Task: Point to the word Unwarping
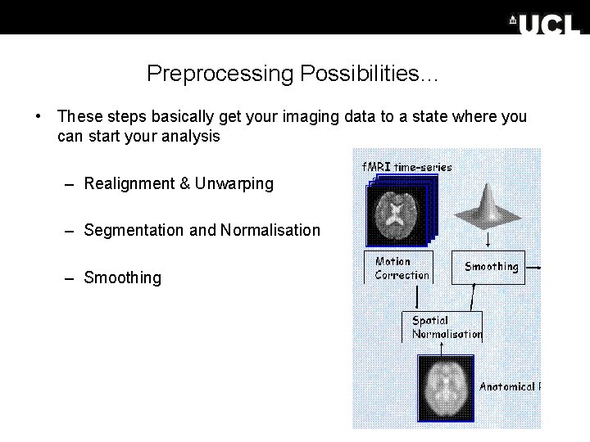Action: [234, 183]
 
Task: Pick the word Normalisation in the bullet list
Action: [270, 230]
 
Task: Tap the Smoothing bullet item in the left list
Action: [123, 277]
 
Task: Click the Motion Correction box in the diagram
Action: [401, 268]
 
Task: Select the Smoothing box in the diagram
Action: [491, 267]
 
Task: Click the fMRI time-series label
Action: [407, 166]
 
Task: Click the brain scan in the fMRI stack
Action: [396, 214]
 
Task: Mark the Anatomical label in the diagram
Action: [508, 386]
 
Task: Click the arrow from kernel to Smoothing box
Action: [489, 239]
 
